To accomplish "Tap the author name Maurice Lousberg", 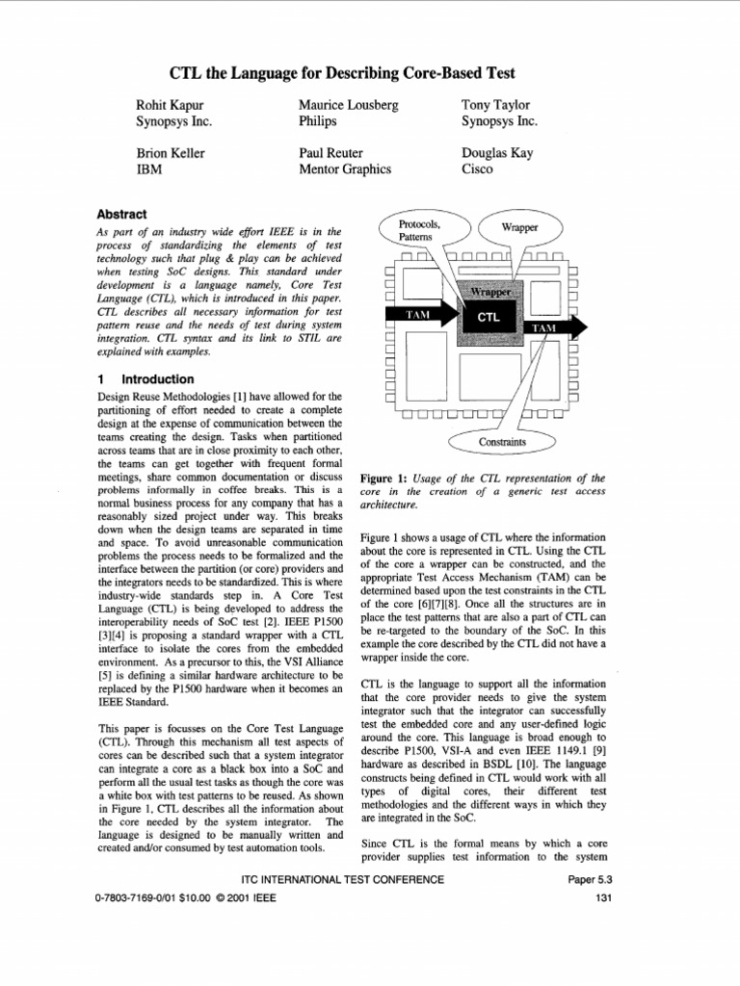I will click(349, 105).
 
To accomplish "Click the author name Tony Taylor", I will click(497, 105).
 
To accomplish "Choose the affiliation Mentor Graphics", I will click(345, 169).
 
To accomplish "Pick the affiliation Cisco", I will click(478, 169).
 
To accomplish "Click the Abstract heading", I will click(122, 214).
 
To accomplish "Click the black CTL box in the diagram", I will click(488, 316).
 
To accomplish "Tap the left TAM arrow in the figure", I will click(417, 315).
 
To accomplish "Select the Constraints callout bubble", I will click(503, 442).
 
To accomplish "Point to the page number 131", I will click(604, 899).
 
